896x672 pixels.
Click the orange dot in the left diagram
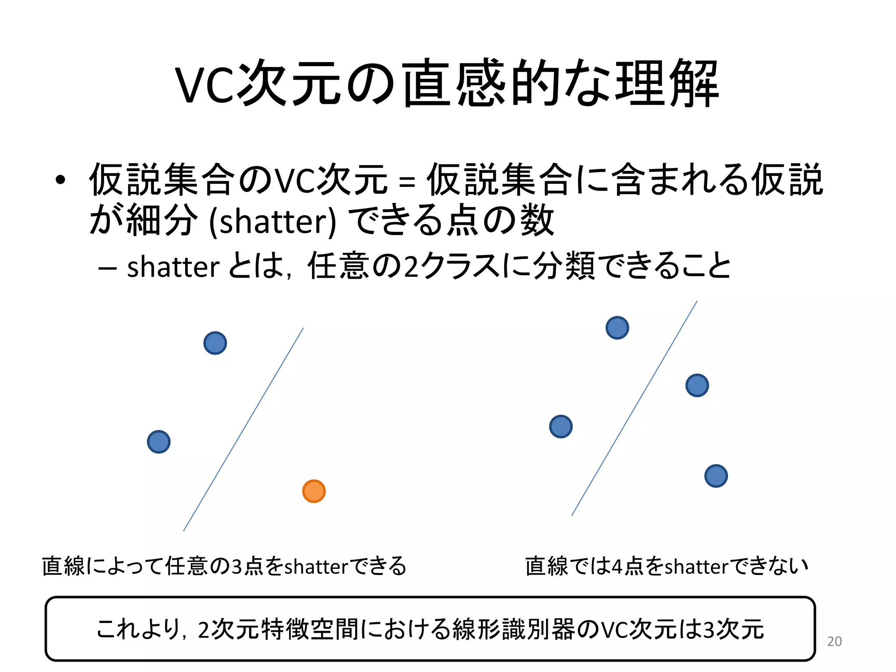coord(314,491)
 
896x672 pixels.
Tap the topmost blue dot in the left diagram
coord(215,343)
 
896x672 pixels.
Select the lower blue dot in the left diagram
coord(158,442)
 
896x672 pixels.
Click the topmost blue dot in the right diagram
coord(617,328)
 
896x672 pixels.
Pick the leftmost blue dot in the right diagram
coord(560,427)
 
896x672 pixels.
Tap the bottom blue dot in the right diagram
coord(716,476)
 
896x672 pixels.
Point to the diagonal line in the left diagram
coord(243,430)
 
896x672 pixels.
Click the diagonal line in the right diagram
coord(634,408)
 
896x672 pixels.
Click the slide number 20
coord(834,641)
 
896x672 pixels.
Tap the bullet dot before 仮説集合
coord(60,180)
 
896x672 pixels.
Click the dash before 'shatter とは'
coord(108,268)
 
